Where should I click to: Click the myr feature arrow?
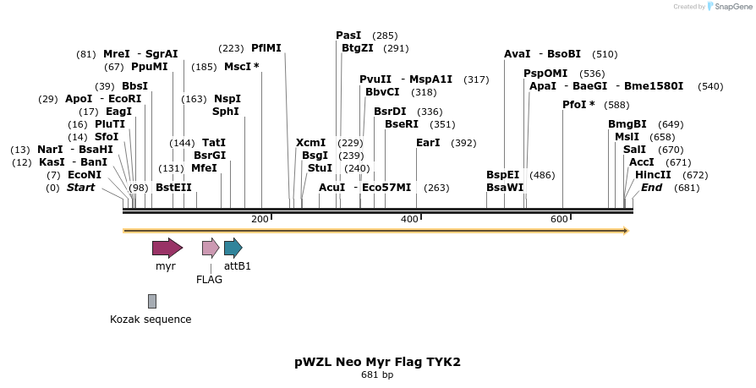167,248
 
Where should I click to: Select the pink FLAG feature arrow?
211,248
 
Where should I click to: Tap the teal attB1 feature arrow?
233,248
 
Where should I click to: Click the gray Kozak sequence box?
152,301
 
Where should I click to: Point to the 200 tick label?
260,220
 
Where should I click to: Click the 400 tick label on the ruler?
409,220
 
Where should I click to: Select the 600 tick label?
559,220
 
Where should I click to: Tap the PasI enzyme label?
348,36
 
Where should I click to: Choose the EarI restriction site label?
428,143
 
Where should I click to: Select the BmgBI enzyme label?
627,124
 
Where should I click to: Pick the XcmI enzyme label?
310,143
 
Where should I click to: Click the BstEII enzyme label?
173,188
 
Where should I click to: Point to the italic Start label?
81,188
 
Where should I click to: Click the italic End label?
651,188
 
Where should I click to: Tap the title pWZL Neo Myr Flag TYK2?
377,362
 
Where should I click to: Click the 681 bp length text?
377,374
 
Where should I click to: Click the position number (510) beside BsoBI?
605,54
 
